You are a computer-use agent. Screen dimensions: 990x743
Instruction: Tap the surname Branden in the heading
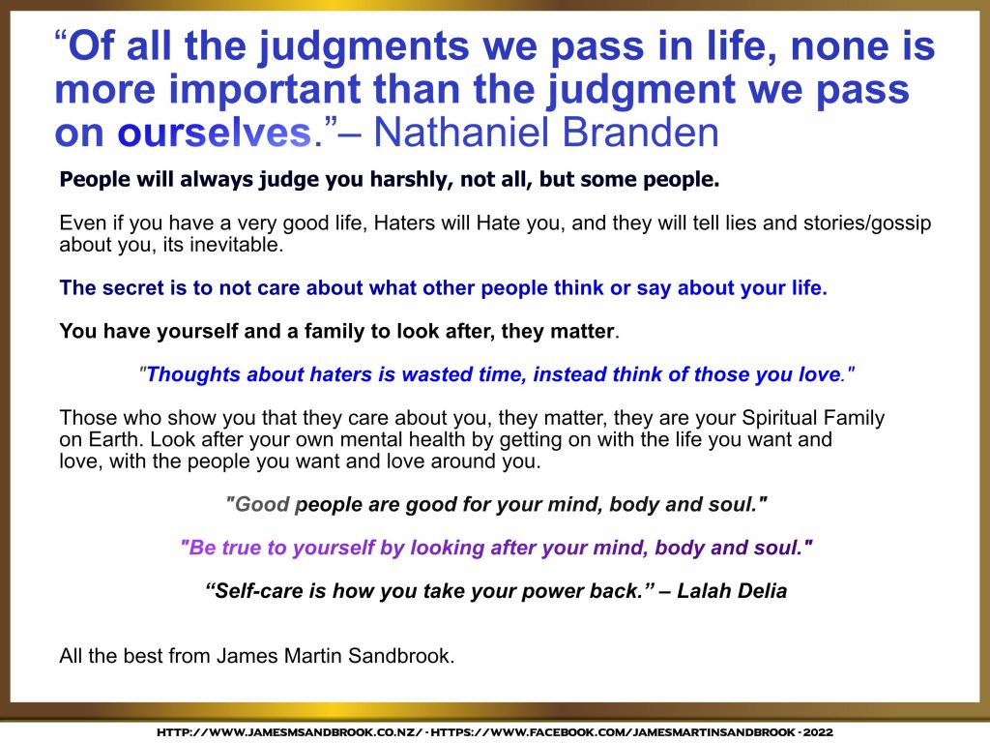coord(640,132)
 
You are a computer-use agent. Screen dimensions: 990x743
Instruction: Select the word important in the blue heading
coord(264,91)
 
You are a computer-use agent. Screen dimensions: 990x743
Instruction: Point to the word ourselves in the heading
coord(215,134)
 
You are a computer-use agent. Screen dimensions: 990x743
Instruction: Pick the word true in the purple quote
coord(242,548)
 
